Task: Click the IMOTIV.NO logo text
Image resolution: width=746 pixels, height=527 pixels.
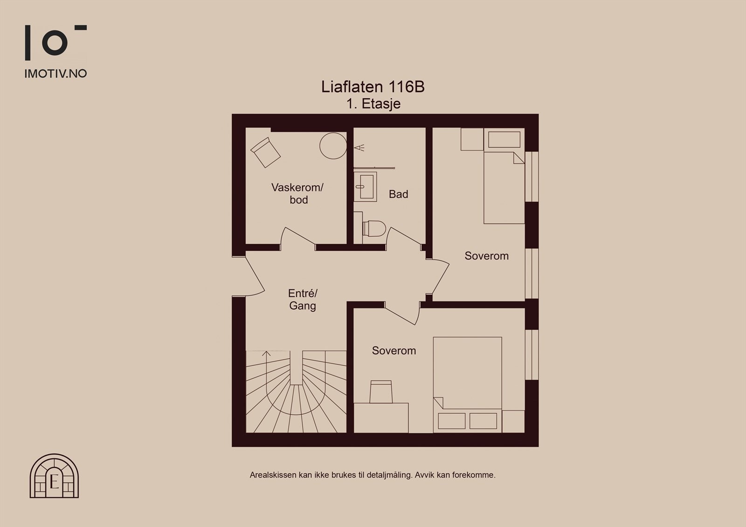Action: [x=55, y=74]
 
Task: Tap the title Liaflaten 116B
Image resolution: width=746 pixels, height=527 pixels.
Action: [x=373, y=87]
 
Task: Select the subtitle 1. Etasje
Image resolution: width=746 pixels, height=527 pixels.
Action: [x=373, y=103]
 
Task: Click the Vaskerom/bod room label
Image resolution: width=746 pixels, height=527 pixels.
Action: [x=297, y=193]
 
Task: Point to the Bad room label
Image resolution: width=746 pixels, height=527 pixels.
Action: [x=398, y=194]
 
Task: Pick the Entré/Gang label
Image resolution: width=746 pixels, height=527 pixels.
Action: [x=303, y=300]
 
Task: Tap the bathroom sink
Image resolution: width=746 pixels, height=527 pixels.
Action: [x=365, y=187]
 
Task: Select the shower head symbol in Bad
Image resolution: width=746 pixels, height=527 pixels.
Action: [x=359, y=148]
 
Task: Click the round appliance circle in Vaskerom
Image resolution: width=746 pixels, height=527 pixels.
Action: [x=333, y=146]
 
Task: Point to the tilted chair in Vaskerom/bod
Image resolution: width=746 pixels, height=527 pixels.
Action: [x=265, y=151]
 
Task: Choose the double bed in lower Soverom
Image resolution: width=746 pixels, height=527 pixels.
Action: [x=467, y=382]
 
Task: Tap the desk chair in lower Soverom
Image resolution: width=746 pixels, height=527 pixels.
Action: [x=381, y=391]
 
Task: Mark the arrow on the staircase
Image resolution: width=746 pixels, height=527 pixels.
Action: [x=266, y=354]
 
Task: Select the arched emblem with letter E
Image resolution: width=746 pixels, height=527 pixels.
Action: [x=54, y=476]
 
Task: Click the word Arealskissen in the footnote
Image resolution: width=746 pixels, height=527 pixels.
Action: [x=270, y=475]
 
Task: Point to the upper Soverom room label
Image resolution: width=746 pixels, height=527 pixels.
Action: [x=486, y=256]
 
